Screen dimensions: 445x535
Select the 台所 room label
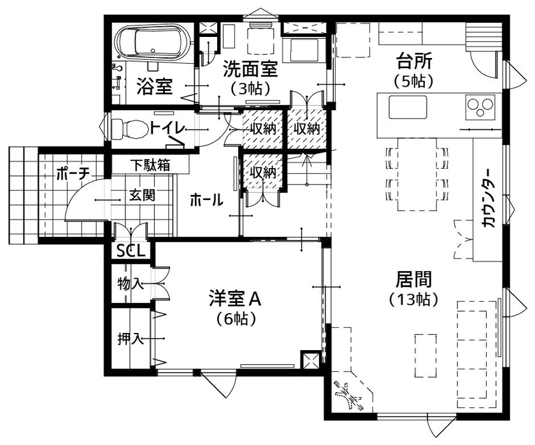click(x=414, y=62)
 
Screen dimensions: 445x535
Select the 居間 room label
click(x=414, y=279)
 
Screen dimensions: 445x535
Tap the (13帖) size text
click(x=414, y=299)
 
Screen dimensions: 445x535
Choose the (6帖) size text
click(x=235, y=318)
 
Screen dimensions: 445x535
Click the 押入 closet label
click(x=130, y=338)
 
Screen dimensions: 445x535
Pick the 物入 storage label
click(x=130, y=283)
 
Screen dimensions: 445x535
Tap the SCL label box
click(x=130, y=251)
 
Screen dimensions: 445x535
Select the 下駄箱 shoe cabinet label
click(x=150, y=165)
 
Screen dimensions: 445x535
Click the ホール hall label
click(x=206, y=201)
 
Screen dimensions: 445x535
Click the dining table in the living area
click(x=418, y=174)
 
